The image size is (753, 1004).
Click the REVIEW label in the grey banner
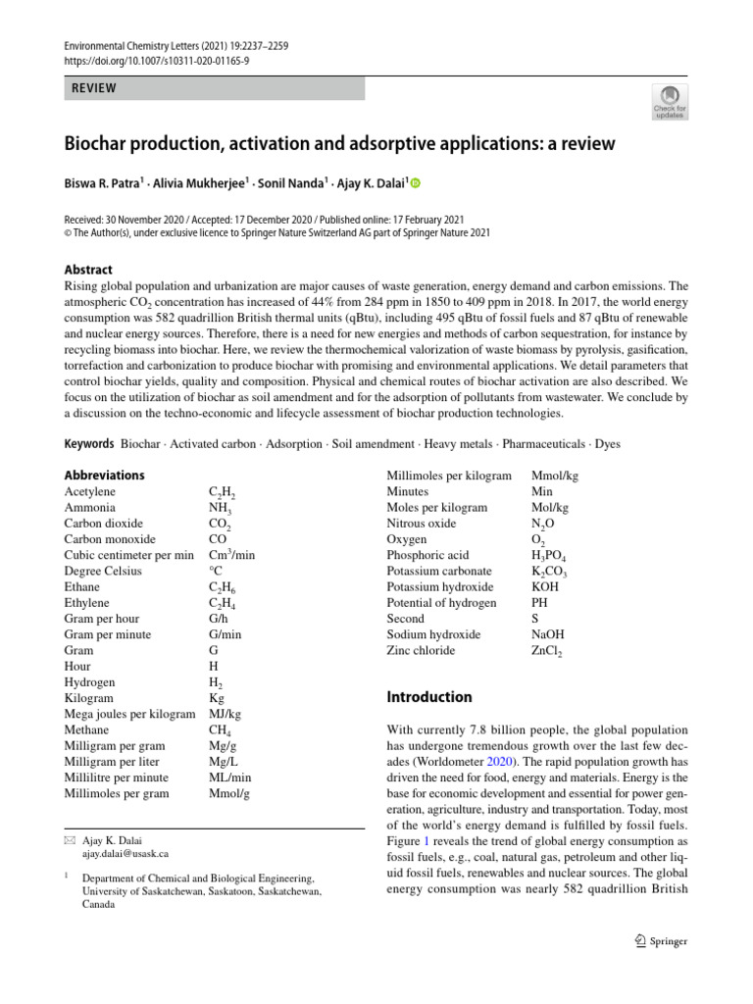point(94,88)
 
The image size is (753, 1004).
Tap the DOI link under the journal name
point(157,61)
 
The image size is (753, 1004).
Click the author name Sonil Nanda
point(291,183)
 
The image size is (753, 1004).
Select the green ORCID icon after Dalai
point(414,183)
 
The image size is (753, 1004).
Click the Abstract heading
point(88,270)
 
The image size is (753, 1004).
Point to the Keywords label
point(89,444)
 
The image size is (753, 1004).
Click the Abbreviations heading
point(104,476)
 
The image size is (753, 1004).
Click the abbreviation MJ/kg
point(226,714)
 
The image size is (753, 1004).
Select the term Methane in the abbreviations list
point(87,730)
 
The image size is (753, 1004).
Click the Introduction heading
point(429,697)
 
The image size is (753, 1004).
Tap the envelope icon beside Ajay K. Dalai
point(69,840)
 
